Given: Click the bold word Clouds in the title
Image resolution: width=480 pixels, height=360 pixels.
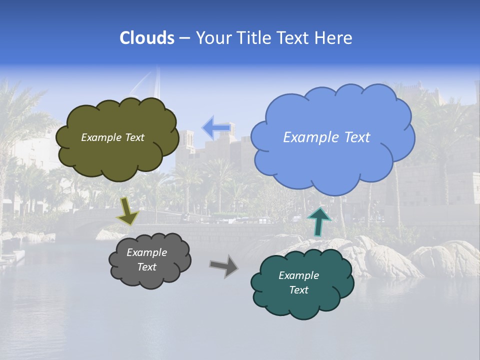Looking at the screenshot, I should (x=146, y=38).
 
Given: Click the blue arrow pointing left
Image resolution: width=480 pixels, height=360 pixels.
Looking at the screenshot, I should (x=216, y=128).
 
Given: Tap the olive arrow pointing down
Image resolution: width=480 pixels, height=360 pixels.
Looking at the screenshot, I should (x=128, y=211).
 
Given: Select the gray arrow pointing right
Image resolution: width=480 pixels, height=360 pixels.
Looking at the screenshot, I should (x=224, y=265).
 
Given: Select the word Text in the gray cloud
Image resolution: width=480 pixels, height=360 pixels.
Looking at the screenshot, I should (x=147, y=267).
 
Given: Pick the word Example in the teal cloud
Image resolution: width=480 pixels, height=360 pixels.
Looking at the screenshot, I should (x=298, y=275).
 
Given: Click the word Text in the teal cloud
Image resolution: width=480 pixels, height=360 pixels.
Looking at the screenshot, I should (x=299, y=290).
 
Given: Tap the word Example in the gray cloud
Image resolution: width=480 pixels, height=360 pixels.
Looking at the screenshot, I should (x=147, y=252).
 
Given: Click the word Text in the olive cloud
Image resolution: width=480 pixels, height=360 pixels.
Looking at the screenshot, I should (x=134, y=137).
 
